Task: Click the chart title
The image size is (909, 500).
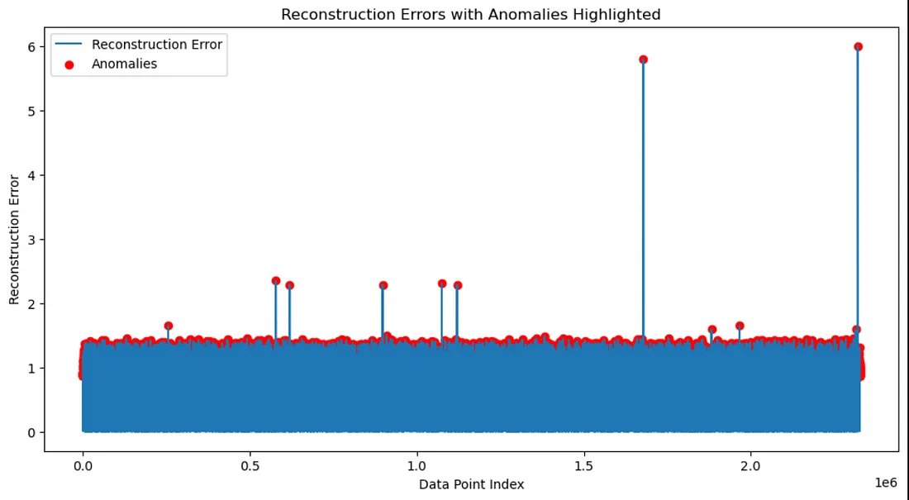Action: (470, 15)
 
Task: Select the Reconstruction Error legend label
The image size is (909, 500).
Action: (156, 45)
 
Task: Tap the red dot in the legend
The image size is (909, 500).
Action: (69, 64)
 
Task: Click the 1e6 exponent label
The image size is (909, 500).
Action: (885, 482)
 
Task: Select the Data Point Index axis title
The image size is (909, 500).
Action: (471, 484)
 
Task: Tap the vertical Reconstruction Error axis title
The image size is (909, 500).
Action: (14, 239)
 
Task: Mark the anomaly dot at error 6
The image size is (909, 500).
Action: (858, 47)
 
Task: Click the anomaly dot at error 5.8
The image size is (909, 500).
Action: (643, 60)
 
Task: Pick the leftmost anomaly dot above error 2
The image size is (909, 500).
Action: (276, 281)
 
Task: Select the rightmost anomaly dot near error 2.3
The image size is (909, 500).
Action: (458, 285)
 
